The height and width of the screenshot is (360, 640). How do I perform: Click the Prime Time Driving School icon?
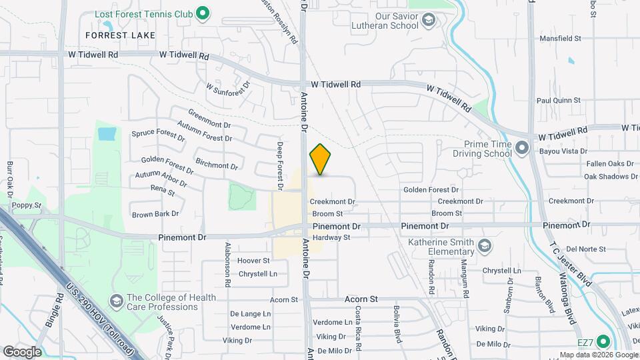click(x=522, y=147)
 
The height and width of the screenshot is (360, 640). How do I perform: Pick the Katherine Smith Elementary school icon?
click(x=485, y=247)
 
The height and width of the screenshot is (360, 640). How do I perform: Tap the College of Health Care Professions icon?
click(x=117, y=301)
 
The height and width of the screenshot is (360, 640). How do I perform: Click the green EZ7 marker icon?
click(x=603, y=342)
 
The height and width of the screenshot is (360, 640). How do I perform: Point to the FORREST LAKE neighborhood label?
click(x=121, y=35)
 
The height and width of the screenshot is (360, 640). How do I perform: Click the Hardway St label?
click(x=331, y=237)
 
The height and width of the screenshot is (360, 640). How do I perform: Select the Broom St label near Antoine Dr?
click(x=327, y=214)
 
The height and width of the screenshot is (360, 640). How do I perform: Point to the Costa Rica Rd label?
click(x=358, y=329)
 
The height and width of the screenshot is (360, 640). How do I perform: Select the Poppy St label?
click(x=27, y=205)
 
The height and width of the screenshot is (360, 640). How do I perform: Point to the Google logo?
click(x=22, y=351)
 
